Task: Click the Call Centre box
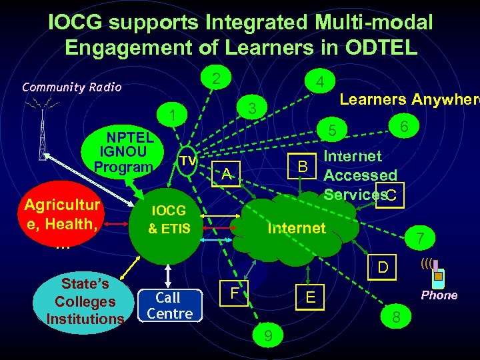(x=169, y=305)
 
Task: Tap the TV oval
(x=188, y=161)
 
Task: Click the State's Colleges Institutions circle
(x=84, y=301)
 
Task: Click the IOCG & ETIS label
(x=169, y=221)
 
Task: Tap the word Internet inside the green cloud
(x=296, y=228)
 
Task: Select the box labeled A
(x=227, y=174)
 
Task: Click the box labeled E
(x=311, y=298)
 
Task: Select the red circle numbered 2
(x=215, y=78)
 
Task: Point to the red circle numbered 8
(x=396, y=318)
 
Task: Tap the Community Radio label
(x=71, y=87)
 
